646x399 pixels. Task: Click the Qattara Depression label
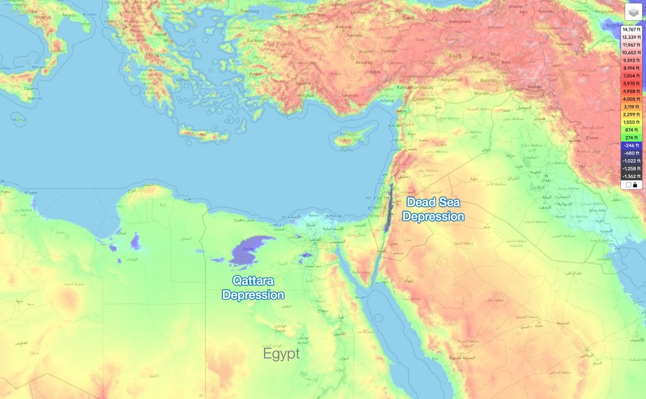[x=253, y=288]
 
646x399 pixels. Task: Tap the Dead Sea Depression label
[x=433, y=209]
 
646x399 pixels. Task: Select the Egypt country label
[x=281, y=354]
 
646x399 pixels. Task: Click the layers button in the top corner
[x=633, y=12]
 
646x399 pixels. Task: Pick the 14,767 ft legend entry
[x=631, y=29]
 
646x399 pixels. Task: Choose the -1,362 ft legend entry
[x=631, y=176]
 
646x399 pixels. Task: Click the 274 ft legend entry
[x=631, y=138]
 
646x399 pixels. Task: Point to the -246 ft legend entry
[x=631, y=145]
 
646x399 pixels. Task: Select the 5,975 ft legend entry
[x=631, y=84]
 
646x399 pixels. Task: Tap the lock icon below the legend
[x=635, y=185]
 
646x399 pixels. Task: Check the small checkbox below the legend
[x=628, y=185]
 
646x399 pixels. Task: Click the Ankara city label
[x=343, y=27]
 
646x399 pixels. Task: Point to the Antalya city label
[x=305, y=96]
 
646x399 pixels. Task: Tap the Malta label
[x=19, y=120]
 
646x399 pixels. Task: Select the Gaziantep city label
[x=423, y=99]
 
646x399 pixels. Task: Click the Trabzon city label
[x=464, y=10]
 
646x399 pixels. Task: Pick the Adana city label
[x=387, y=101]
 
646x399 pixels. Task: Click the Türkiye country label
[x=389, y=51]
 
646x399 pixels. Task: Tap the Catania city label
[x=31, y=88]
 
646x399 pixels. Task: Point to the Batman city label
[x=489, y=80]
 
